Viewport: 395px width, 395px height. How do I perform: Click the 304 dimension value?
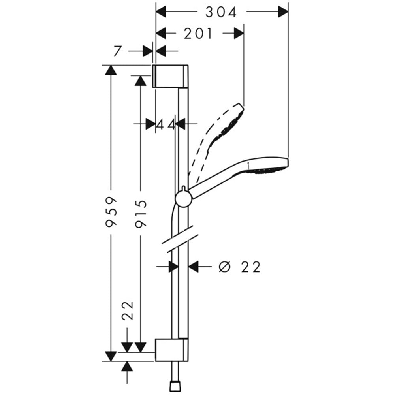tap(221, 12)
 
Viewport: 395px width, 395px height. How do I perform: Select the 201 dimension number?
tap(198, 34)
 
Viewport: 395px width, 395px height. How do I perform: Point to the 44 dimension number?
tap(166, 124)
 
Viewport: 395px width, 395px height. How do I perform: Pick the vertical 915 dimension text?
tap(141, 214)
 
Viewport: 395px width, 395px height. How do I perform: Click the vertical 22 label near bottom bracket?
tap(128, 310)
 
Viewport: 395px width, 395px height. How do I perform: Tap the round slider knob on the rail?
tap(184, 199)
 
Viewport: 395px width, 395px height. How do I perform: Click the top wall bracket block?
tap(170, 76)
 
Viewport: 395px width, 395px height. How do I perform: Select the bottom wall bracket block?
tap(171, 350)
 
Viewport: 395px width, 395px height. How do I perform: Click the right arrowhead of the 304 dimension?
tap(283, 11)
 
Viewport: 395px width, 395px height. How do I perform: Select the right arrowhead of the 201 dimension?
tap(239, 33)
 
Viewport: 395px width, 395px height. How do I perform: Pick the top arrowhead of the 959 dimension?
tap(111, 70)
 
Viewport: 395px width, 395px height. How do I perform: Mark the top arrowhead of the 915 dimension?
tap(140, 81)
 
